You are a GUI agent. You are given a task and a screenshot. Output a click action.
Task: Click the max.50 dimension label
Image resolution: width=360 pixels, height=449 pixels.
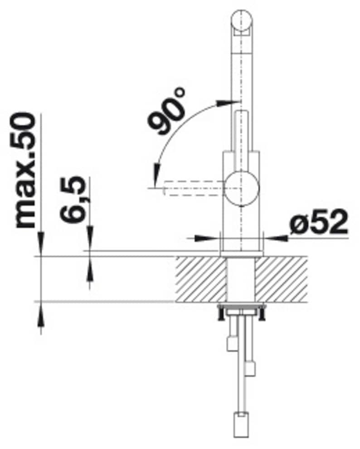tap(26, 171)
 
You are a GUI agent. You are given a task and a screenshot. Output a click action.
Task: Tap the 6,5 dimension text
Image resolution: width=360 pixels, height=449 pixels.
tap(73, 199)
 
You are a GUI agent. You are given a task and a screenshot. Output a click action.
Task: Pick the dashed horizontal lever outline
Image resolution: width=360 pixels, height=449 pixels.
tap(194, 188)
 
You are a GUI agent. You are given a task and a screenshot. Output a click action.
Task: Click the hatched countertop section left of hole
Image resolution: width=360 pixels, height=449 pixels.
tap(201, 279)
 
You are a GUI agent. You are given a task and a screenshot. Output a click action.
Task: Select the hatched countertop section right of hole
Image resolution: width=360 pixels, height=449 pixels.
tap(282, 279)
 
